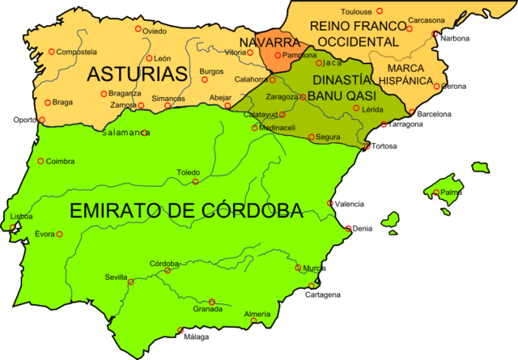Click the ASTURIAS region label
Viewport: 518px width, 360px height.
(x=137, y=74)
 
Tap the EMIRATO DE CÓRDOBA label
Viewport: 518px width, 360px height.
(x=186, y=211)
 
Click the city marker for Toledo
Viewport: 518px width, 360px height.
(x=195, y=181)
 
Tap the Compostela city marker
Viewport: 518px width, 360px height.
(x=51, y=52)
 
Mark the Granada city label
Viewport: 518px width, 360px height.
(x=208, y=309)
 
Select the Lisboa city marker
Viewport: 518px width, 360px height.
(x=14, y=226)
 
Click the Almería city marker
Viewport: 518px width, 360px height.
(x=254, y=321)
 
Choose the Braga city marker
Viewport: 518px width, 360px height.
(x=48, y=103)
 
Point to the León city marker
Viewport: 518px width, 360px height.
(x=149, y=58)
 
